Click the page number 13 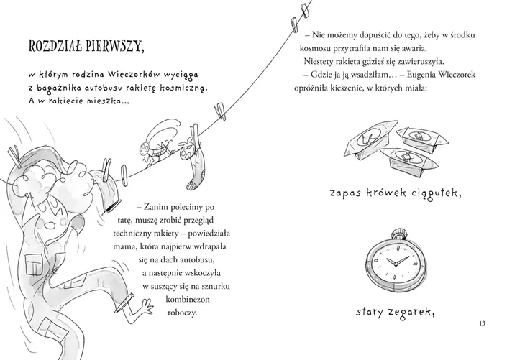pyautogui.click(x=482, y=323)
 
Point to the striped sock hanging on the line pyautogui.click(x=194, y=164)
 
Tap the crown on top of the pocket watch pyautogui.click(x=398, y=234)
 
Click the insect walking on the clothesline pyautogui.click(x=157, y=141)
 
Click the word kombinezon pyautogui.click(x=188, y=299)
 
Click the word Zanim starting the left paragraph pyautogui.click(x=155, y=207)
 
